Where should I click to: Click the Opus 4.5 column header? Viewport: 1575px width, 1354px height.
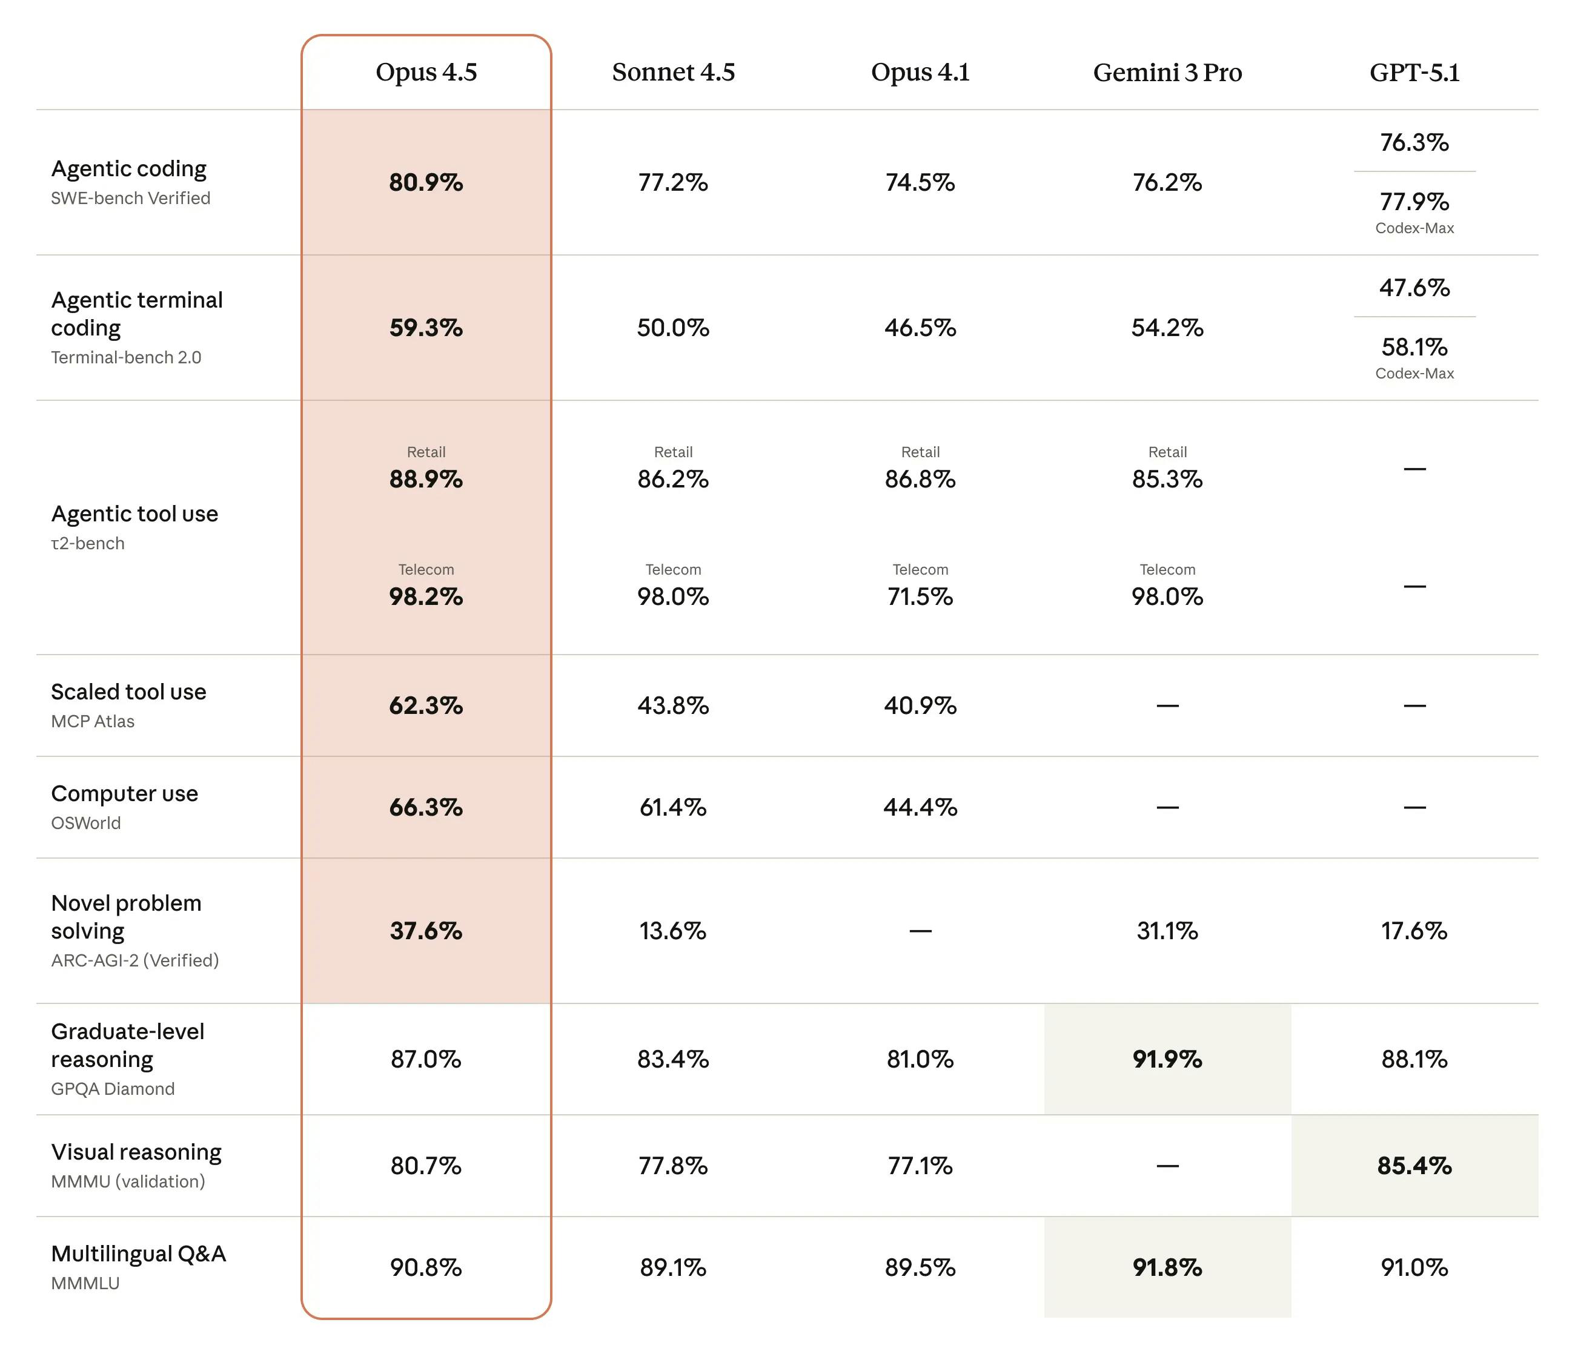tap(426, 72)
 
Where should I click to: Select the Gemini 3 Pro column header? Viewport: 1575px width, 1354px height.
tap(1167, 72)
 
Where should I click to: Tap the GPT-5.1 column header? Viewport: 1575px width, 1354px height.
tap(1414, 72)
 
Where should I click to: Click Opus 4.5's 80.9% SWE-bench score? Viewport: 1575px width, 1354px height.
tap(426, 182)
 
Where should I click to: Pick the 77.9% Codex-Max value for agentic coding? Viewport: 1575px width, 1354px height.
tap(1414, 202)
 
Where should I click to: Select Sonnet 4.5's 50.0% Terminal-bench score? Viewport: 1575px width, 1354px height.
tap(673, 328)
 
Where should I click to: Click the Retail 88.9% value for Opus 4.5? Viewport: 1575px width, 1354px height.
tap(426, 479)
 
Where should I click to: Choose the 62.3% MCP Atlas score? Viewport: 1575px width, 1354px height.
tap(426, 705)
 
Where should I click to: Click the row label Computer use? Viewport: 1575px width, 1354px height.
tap(125, 793)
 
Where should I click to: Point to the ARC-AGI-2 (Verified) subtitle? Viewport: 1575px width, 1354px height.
tap(134, 960)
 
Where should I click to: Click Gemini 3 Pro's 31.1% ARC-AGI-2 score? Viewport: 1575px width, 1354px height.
tap(1167, 931)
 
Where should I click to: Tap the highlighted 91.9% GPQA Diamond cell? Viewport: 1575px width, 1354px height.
tap(1167, 1058)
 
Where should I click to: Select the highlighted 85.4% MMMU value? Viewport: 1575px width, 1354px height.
tap(1414, 1166)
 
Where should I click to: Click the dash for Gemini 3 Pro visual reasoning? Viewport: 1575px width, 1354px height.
tap(1167, 1166)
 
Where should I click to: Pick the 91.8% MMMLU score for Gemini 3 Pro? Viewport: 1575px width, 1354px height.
tap(1167, 1267)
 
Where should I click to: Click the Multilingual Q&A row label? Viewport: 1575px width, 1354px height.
tap(138, 1253)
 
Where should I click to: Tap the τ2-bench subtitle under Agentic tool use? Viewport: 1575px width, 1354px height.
tap(87, 543)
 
